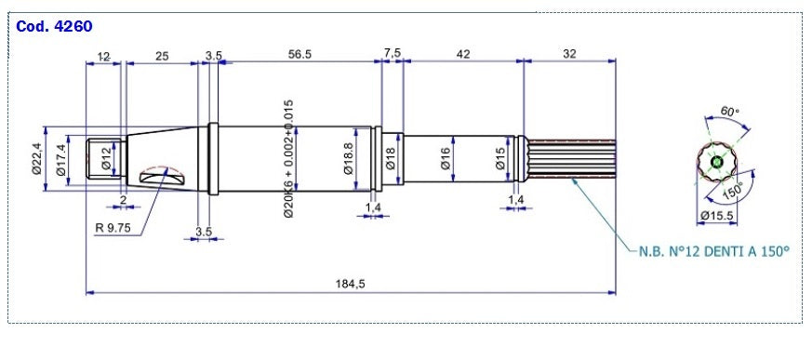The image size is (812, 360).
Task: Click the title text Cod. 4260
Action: pos(54,26)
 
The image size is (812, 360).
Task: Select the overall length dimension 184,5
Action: pos(350,284)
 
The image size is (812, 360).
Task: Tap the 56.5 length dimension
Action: pos(300,54)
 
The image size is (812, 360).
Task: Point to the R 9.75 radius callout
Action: pos(113,227)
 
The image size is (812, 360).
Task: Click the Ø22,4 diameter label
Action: pos(37,158)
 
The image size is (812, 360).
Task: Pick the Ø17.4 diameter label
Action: pos(61,160)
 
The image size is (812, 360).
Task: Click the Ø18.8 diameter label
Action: pos(348,159)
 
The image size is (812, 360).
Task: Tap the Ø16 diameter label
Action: pos(445,159)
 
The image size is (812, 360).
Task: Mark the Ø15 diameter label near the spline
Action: pos(499,159)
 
